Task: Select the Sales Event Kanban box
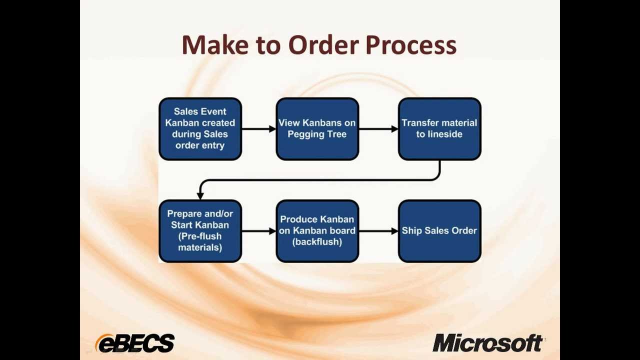pyautogui.click(x=200, y=129)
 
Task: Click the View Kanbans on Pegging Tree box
pyautogui.click(x=317, y=129)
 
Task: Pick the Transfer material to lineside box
pyautogui.click(x=439, y=129)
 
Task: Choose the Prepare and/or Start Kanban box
pyautogui.click(x=200, y=231)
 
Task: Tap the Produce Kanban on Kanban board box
pyautogui.click(x=317, y=231)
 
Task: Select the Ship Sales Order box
pyautogui.click(x=439, y=231)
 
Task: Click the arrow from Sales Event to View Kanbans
pyautogui.click(x=258, y=129)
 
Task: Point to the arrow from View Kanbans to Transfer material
pyautogui.click(x=378, y=129)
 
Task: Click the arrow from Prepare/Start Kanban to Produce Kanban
pyautogui.click(x=258, y=231)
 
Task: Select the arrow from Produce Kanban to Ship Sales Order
pyautogui.click(x=378, y=231)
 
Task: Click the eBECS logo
pyautogui.click(x=135, y=343)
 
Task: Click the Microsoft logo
pyautogui.click(x=487, y=343)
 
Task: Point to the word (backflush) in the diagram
pyautogui.click(x=317, y=242)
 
